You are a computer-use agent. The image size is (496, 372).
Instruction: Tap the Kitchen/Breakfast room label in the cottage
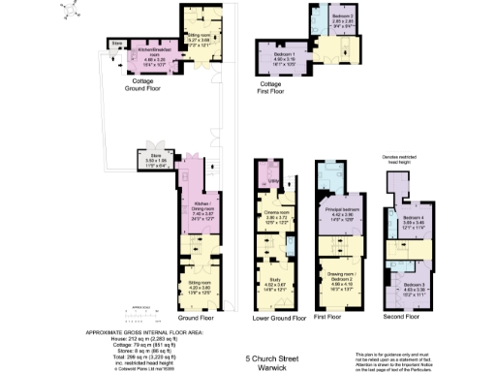pos(153,50)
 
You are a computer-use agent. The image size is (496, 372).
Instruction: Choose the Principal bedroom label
pos(339,214)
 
